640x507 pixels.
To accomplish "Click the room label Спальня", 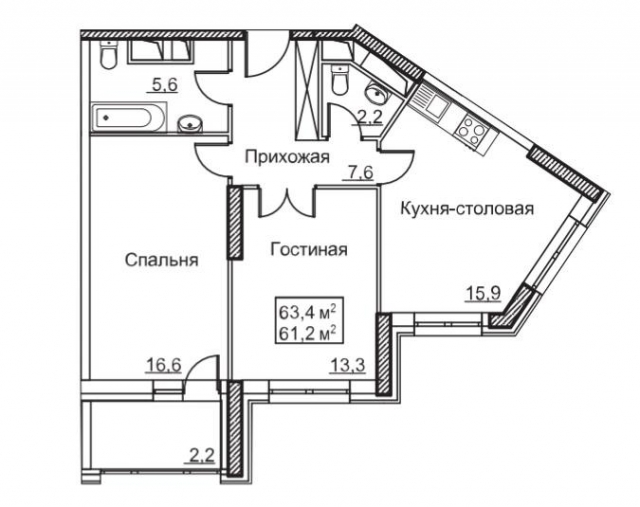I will pyautogui.click(x=162, y=261).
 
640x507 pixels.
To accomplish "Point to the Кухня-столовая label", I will pyautogui.click(x=466, y=210).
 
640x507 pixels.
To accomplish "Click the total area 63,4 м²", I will pyautogui.click(x=307, y=308).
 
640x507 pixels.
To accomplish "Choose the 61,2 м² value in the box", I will pyautogui.click(x=307, y=328).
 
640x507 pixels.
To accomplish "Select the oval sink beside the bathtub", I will pyautogui.click(x=191, y=124).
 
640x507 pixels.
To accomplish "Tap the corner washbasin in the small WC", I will pyautogui.click(x=376, y=92).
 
